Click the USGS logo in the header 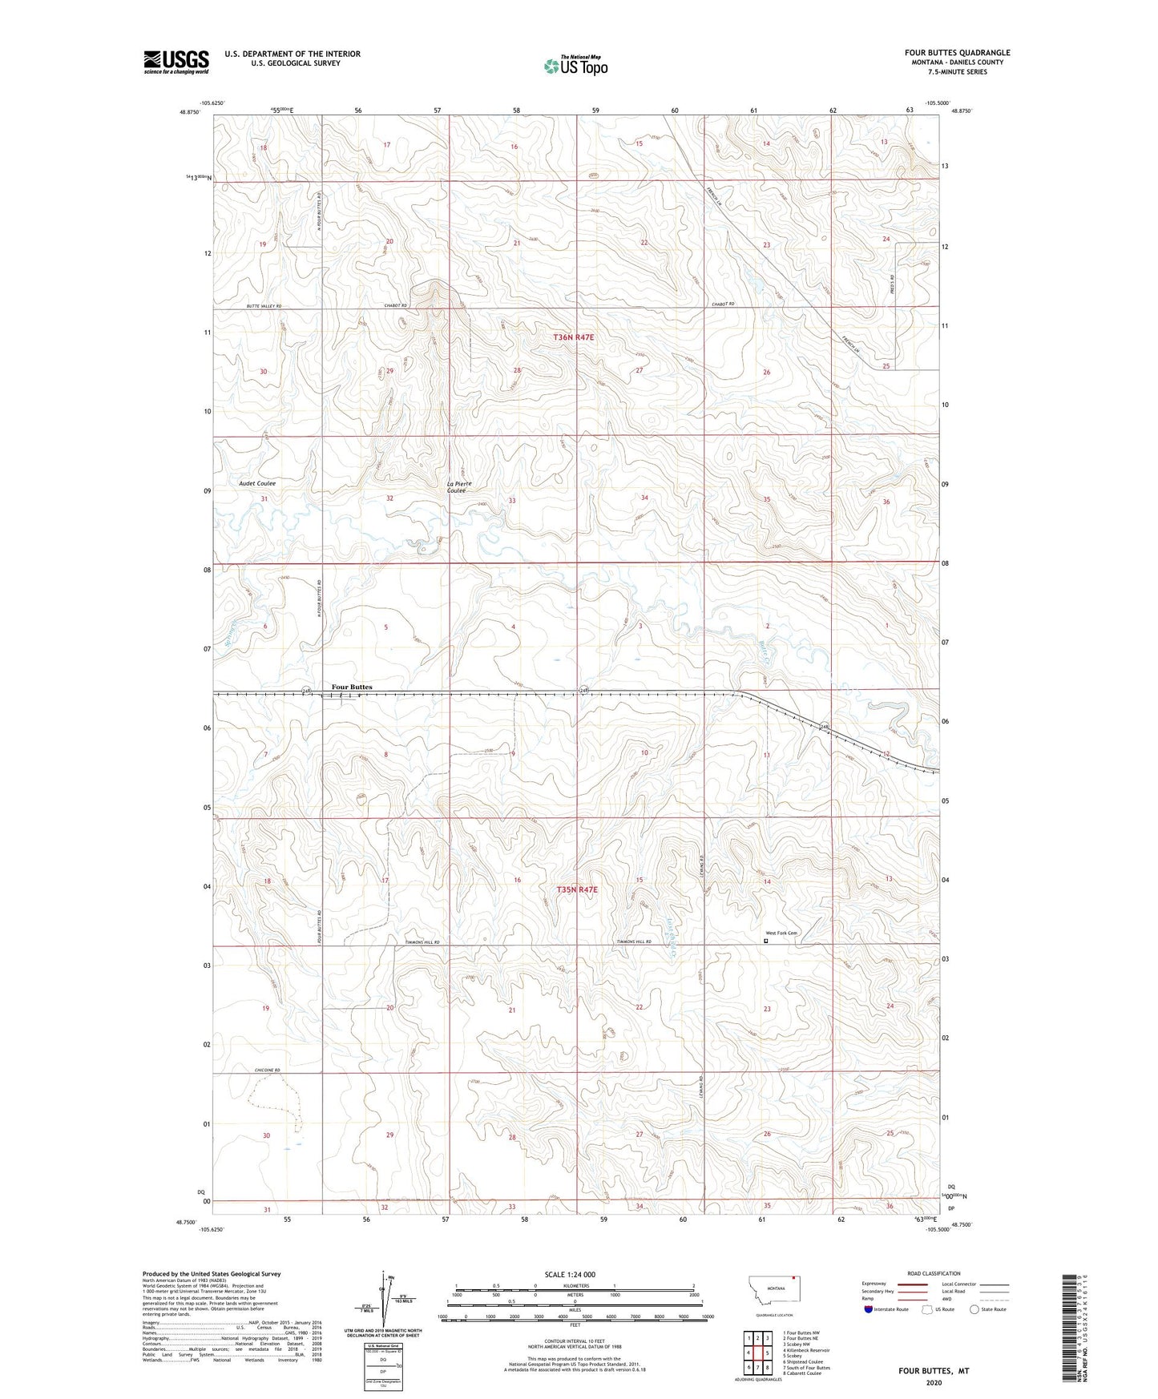click(x=176, y=62)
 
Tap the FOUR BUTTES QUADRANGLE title click(x=958, y=53)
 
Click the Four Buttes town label click(x=352, y=687)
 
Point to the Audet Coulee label click(x=257, y=484)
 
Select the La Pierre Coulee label click(x=459, y=487)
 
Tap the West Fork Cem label click(x=781, y=933)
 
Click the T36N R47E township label click(x=574, y=338)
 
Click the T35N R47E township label click(x=578, y=890)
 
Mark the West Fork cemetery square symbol click(x=765, y=942)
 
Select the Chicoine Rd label click(x=268, y=1070)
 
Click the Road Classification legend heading click(x=934, y=1273)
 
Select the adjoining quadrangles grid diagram click(x=757, y=1354)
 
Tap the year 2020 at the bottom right click(x=934, y=1382)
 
